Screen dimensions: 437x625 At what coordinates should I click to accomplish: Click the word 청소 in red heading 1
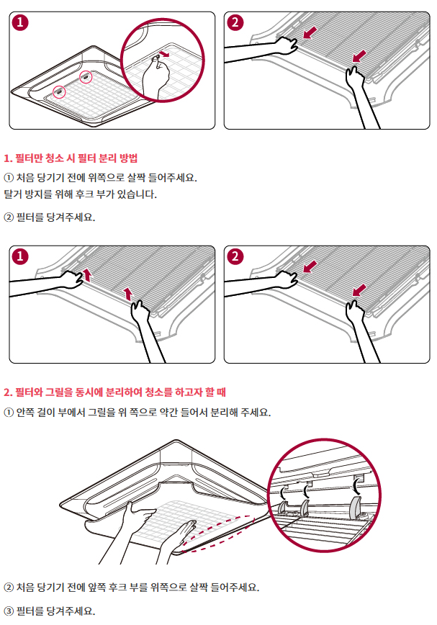click(55, 158)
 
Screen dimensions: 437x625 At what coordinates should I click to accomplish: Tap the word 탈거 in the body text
click(12, 194)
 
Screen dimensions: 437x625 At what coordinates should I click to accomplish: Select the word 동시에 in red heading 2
click(89, 392)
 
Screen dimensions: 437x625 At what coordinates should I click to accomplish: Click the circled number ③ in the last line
click(9, 611)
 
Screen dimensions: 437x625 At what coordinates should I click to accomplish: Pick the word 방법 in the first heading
click(128, 158)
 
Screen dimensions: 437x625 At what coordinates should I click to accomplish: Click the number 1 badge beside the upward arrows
click(20, 256)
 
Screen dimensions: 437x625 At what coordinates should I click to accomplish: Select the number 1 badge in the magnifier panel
click(20, 22)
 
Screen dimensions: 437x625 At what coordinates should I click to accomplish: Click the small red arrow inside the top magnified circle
click(163, 54)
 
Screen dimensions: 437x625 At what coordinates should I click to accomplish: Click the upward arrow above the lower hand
click(128, 293)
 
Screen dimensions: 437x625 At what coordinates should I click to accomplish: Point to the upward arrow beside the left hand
click(87, 275)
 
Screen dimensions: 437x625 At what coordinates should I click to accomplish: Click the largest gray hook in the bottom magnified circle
click(356, 508)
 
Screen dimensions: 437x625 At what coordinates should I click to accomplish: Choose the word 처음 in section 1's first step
click(24, 178)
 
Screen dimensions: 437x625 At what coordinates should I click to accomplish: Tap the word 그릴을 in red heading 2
click(59, 392)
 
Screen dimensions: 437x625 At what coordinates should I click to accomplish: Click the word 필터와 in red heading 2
click(29, 392)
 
